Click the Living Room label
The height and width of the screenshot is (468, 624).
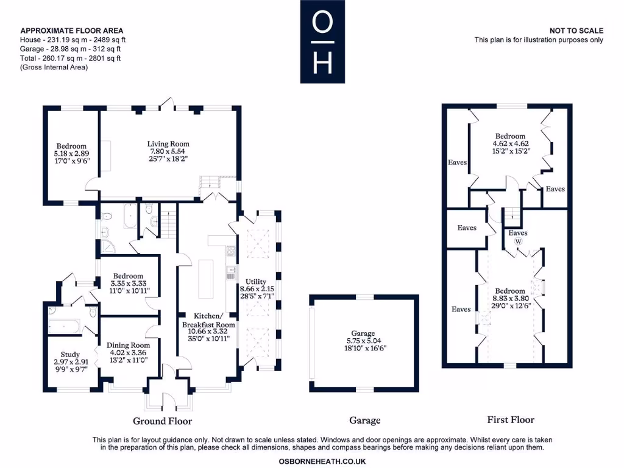(x=169, y=144)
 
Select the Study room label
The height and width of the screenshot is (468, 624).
(x=70, y=355)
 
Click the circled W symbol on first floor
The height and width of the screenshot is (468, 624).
(x=518, y=241)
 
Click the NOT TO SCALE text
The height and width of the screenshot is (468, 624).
(x=576, y=30)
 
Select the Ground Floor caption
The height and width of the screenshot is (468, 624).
(x=162, y=421)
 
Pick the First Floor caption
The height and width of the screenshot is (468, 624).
(x=511, y=419)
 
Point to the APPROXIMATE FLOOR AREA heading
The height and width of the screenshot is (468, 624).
(x=72, y=30)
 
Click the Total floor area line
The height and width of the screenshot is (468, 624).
(x=71, y=58)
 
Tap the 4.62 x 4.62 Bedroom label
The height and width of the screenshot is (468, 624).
(x=510, y=136)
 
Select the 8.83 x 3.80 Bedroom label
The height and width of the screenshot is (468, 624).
(x=510, y=291)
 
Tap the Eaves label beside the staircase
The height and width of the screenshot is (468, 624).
(x=518, y=233)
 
